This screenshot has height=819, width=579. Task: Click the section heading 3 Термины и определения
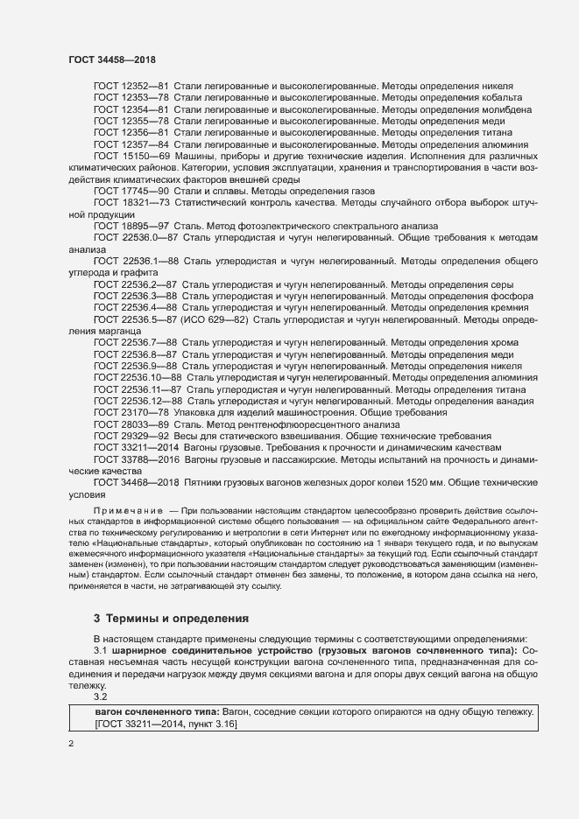pos(172,618)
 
